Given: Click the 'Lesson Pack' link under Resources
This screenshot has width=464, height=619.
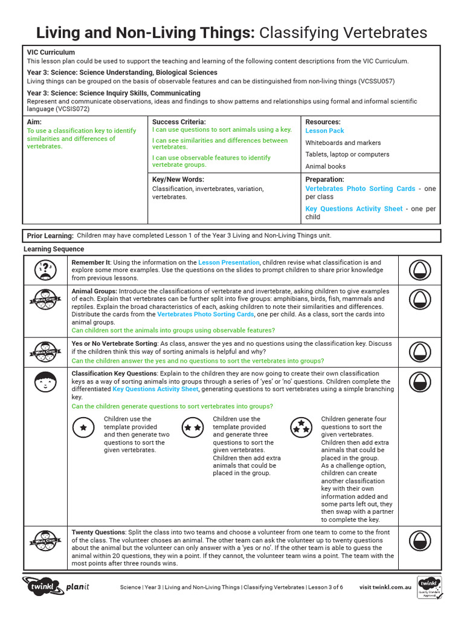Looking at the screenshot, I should tap(324, 131).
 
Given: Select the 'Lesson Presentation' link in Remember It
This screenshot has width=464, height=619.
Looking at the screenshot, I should tap(229, 262).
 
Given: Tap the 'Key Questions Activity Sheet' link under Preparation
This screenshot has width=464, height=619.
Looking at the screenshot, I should tap(353, 209).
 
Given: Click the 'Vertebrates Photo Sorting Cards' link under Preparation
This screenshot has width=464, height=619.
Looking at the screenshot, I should tap(360, 189).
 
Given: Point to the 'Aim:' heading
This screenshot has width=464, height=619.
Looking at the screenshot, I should tap(34, 122).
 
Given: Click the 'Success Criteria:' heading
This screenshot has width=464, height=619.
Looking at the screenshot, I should tap(179, 122).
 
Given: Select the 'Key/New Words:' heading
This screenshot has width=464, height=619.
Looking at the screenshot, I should tap(178, 180).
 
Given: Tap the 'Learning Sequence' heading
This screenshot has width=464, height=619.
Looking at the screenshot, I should tap(54, 249).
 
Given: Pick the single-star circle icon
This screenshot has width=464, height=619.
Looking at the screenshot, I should tap(83, 427).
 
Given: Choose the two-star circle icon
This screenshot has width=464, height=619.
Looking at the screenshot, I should tap(193, 427).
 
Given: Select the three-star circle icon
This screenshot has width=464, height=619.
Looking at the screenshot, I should tap(301, 427).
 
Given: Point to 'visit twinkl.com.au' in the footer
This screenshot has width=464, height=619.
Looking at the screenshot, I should tap(385, 587).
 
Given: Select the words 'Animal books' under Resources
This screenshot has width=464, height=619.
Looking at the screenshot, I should tap(326, 166).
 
